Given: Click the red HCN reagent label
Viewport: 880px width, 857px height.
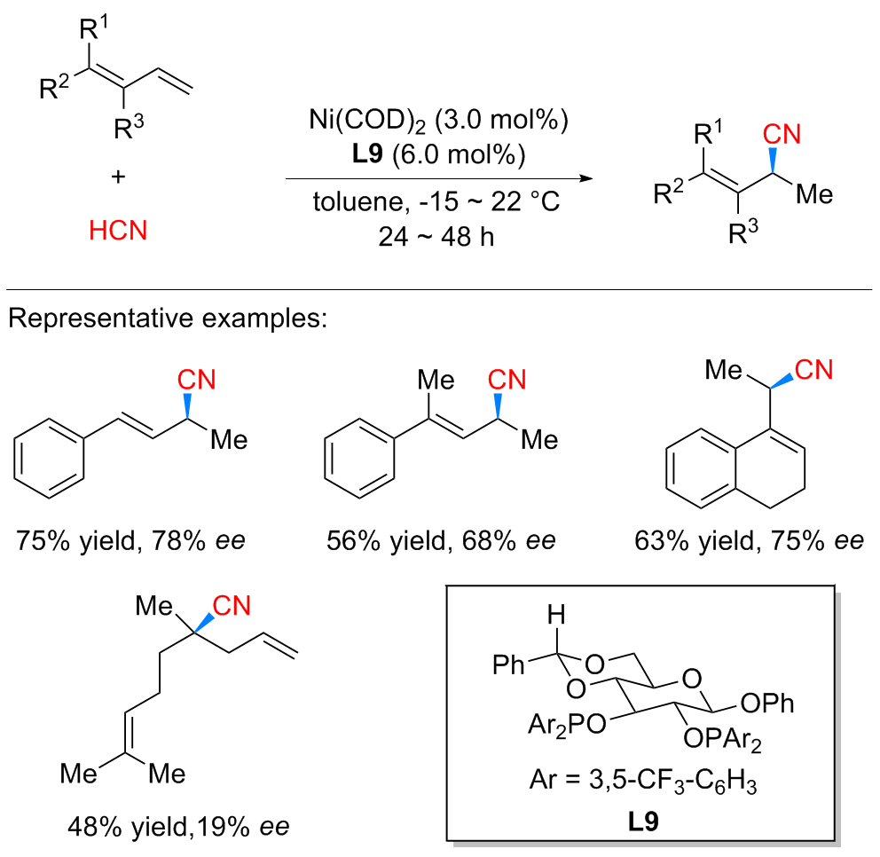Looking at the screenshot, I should click(x=118, y=232).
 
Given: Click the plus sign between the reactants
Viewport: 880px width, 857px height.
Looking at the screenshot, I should click(x=118, y=176).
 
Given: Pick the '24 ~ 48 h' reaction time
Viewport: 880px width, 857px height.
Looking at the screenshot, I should click(x=438, y=239).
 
